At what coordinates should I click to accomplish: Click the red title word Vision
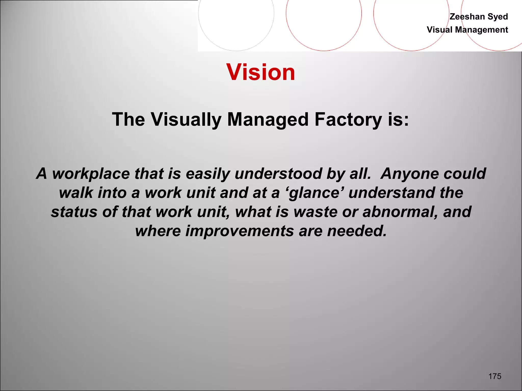(260, 72)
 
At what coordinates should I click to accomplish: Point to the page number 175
(495, 376)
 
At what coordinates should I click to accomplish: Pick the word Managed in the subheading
(268, 120)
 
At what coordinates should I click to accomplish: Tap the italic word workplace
(91, 174)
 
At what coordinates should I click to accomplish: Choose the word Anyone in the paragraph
(409, 174)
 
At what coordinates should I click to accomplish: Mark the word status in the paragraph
(74, 212)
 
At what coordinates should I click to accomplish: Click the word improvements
(240, 231)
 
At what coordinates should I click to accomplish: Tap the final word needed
(357, 231)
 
